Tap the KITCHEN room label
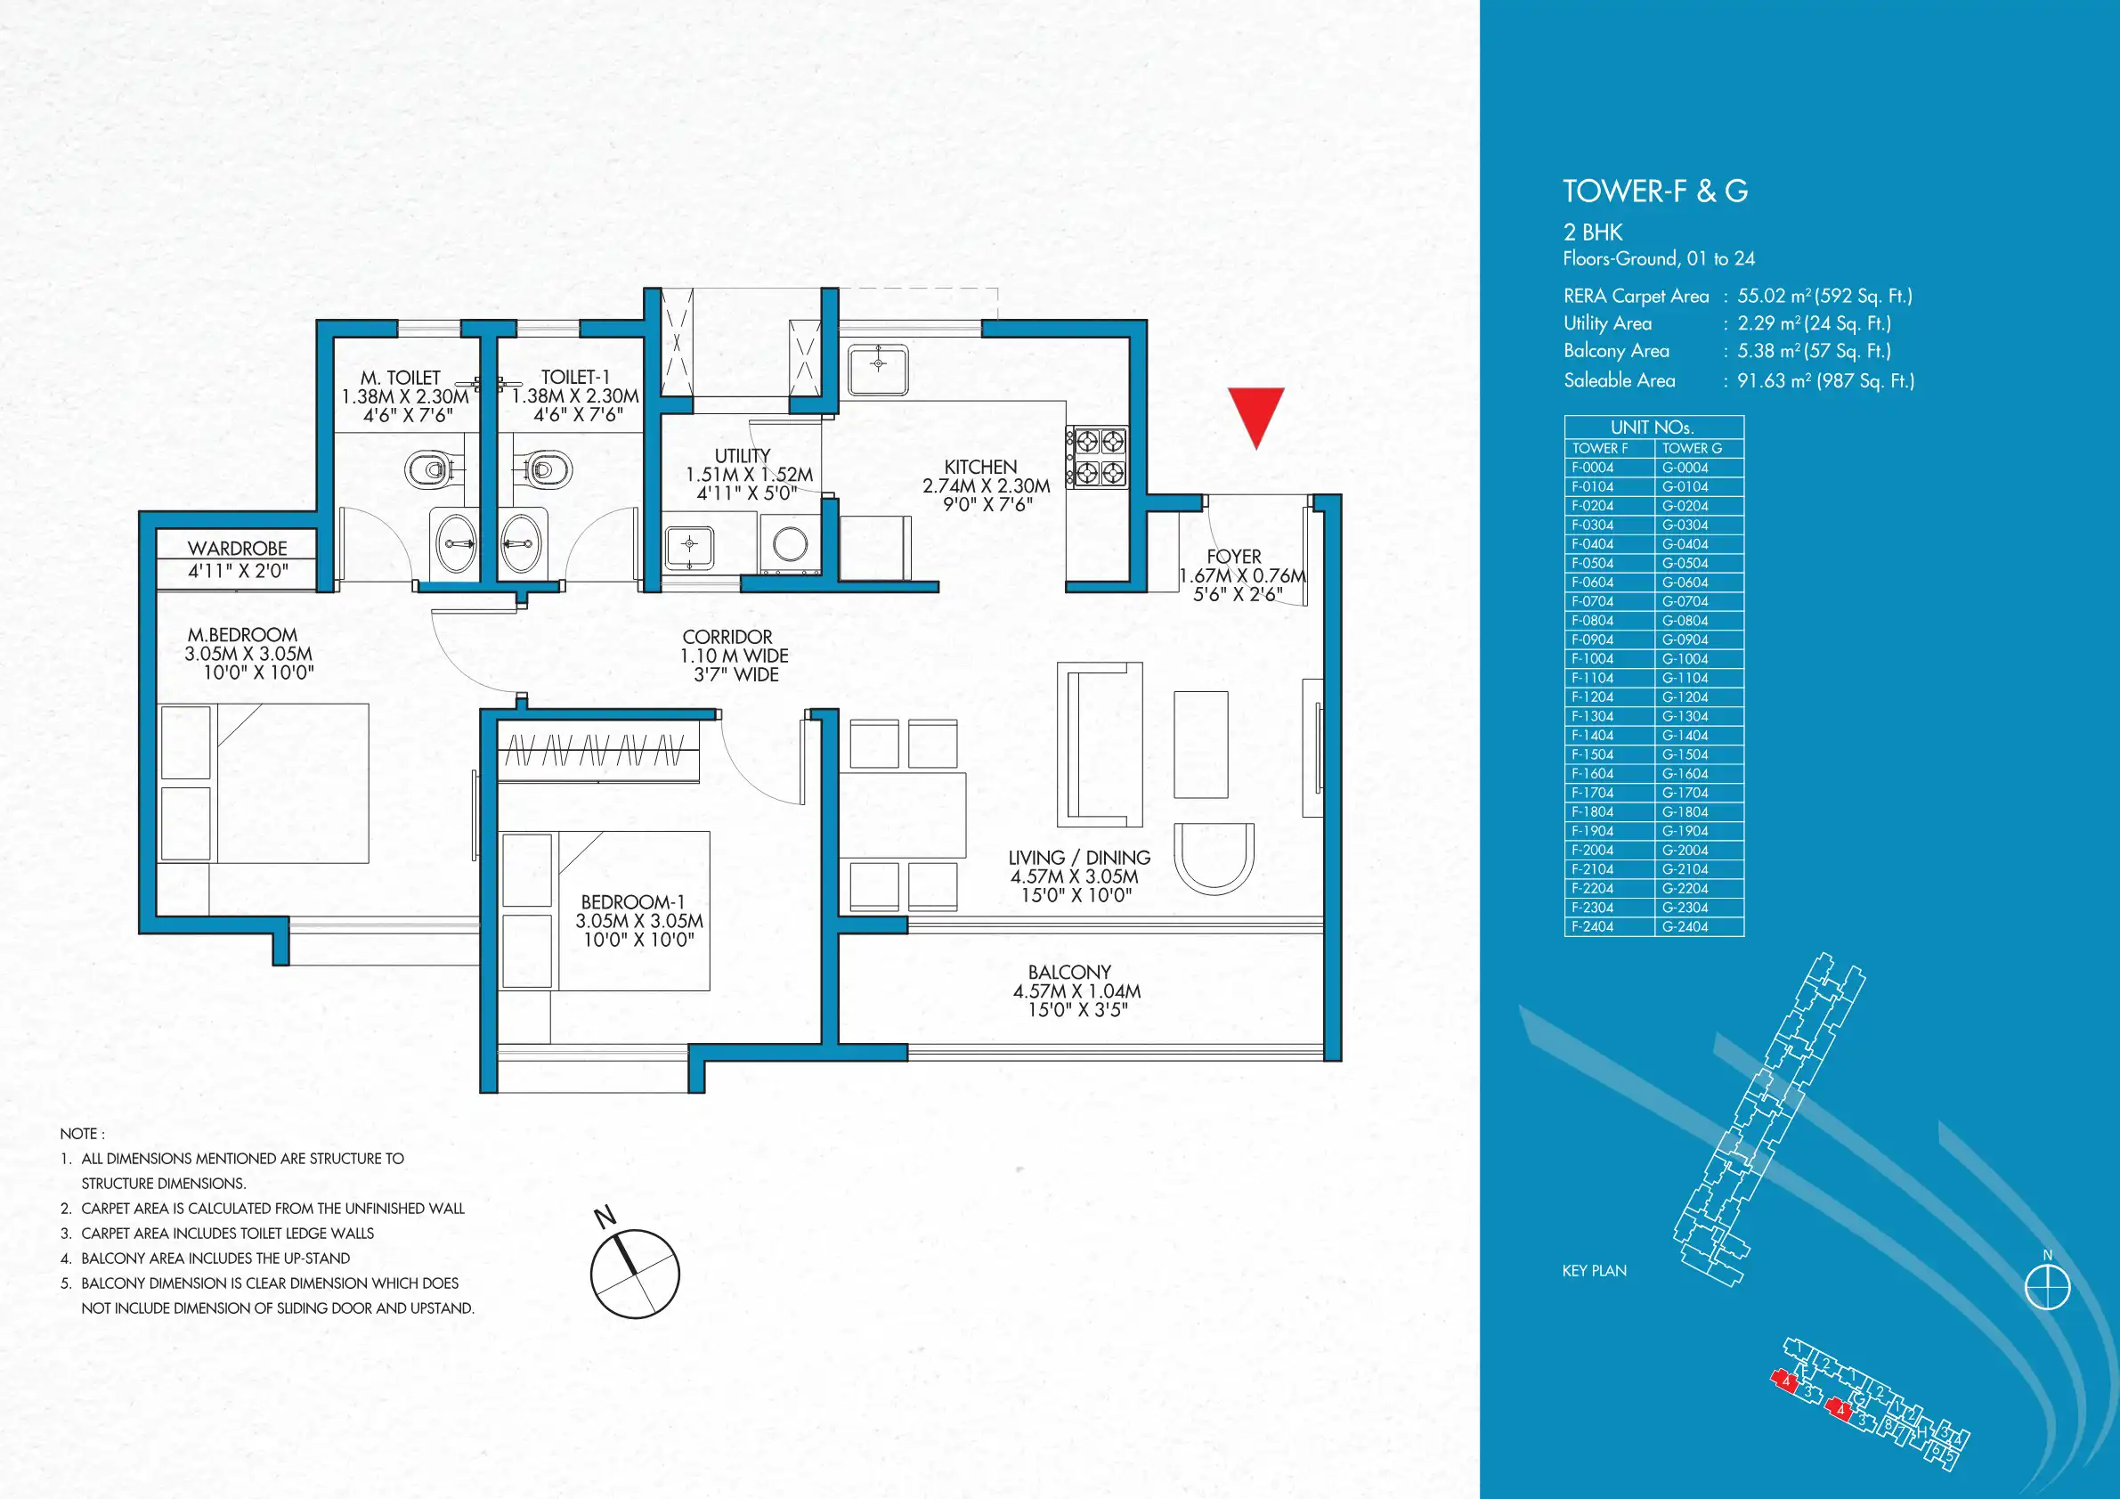pos(980,468)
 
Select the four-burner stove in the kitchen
pos(1097,457)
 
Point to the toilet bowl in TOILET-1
pos(548,469)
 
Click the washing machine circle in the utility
pos(791,544)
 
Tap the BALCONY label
pos(1069,972)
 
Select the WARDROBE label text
pos(238,549)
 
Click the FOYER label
pos(1233,557)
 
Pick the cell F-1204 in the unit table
pos(1593,697)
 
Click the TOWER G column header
pos(1693,448)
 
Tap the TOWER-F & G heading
pos(1655,191)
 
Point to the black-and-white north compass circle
pos(635,1274)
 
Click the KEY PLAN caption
pos(1595,1271)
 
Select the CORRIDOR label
pos(727,638)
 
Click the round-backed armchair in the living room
pos(1214,857)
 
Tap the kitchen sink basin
pos(878,369)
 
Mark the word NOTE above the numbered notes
pos(78,1133)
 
